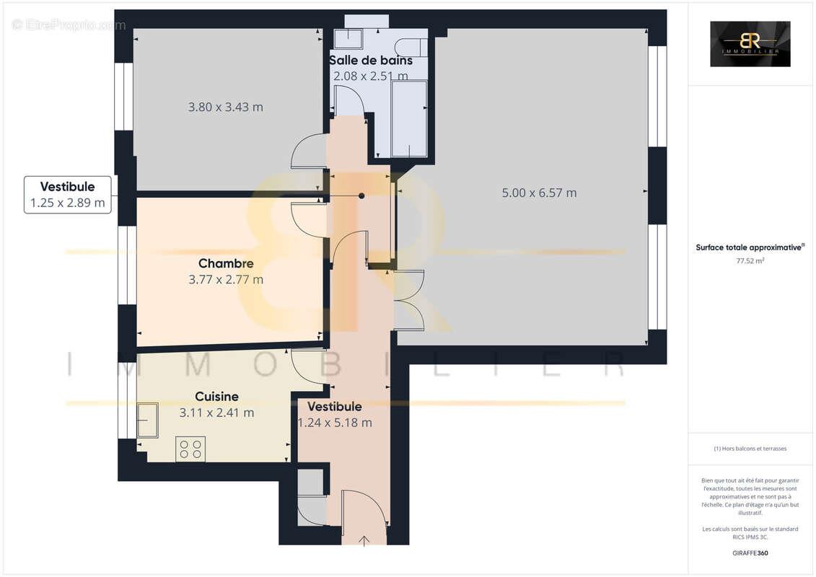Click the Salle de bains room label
[x=370, y=60]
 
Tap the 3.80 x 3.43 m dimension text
[x=225, y=107]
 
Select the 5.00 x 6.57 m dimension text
[x=539, y=193]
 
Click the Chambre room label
[x=226, y=263]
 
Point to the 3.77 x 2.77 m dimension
[x=226, y=279]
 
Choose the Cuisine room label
[x=216, y=396]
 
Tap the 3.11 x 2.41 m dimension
[x=216, y=413]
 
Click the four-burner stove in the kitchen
[x=190, y=449]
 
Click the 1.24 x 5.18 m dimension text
[x=335, y=423]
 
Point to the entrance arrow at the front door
[x=364, y=540]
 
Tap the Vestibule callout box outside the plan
[x=68, y=195]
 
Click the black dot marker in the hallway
[x=361, y=195]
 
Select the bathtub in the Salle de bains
[x=409, y=118]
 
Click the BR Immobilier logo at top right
[x=750, y=44]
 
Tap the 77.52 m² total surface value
[x=750, y=261]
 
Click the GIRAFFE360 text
[x=750, y=553]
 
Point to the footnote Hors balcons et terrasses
[x=750, y=449]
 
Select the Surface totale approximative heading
[x=749, y=247]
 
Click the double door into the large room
[x=409, y=300]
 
